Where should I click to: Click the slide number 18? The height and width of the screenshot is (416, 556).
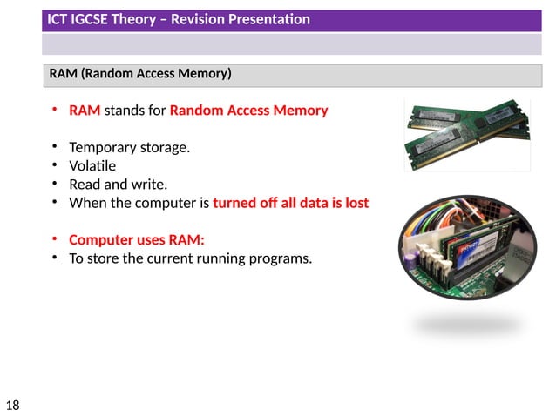[13, 405]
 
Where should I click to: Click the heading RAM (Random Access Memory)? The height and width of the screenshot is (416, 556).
[140, 74]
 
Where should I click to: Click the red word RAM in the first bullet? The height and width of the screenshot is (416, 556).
[85, 111]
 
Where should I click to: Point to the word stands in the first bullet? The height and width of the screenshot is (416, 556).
[124, 111]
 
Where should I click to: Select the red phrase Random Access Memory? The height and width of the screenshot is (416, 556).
[248, 111]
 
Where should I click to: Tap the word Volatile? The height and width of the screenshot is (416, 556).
[92, 166]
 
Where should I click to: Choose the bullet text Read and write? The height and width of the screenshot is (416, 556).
[118, 185]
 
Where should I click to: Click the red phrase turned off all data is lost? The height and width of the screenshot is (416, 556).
[290, 203]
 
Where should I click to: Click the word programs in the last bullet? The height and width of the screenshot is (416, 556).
[280, 258]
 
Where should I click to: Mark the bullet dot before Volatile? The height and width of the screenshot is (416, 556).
[53, 166]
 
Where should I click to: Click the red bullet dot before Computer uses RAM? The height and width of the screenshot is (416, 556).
[53, 239]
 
